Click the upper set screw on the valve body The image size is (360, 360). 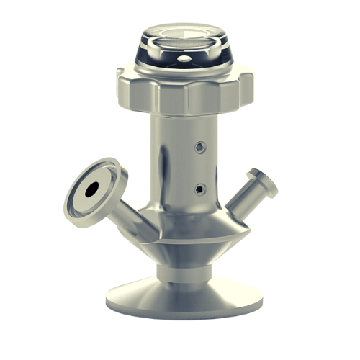pos(200,148)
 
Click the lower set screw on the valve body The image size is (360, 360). pos(200,189)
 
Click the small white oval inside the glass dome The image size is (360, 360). pos(185,58)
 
